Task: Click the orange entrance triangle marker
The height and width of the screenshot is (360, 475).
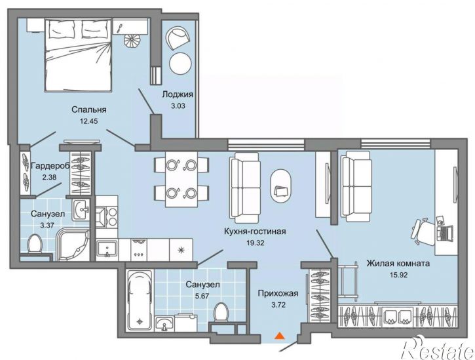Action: click(280, 336)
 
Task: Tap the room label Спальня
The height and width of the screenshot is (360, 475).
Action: click(89, 110)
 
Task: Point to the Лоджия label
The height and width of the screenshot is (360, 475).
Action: click(178, 94)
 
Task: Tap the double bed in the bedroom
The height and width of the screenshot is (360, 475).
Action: click(79, 54)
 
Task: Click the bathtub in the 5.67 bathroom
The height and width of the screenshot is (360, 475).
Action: click(140, 300)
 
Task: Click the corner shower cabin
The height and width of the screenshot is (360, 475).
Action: click(73, 245)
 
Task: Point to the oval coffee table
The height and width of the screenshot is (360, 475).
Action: click(280, 186)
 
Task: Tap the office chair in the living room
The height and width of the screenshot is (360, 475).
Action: click(423, 230)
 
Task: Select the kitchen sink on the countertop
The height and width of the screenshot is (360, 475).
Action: click(107, 249)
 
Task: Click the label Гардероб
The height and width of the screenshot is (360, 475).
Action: click(50, 166)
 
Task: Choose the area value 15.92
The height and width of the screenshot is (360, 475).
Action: click(398, 275)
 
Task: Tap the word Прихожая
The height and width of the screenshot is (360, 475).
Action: click(278, 293)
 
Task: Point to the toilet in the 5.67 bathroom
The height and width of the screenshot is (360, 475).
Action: click(221, 311)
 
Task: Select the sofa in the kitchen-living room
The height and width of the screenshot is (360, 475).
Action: click(245, 188)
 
